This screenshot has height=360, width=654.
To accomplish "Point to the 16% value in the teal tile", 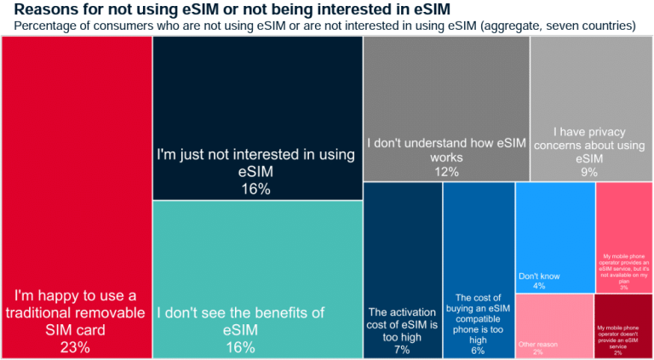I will click(x=241, y=346).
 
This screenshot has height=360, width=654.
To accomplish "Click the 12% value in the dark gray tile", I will click(x=446, y=172).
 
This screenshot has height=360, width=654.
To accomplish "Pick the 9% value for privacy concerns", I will click(x=589, y=172).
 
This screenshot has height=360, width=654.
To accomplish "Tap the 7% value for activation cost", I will click(x=402, y=350).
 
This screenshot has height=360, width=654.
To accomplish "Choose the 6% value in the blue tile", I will click(x=478, y=350).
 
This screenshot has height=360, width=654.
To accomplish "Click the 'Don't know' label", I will click(x=538, y=275).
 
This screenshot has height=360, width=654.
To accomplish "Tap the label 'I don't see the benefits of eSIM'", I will click(x=240, y=321).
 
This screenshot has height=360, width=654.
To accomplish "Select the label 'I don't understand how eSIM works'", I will click(x=446, y=150).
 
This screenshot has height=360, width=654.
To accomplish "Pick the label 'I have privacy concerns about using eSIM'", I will click(x=589, y=145).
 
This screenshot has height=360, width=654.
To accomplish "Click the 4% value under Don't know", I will click(x=538, y=286).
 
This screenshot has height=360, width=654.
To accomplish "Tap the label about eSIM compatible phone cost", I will click(x=478, y=318).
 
